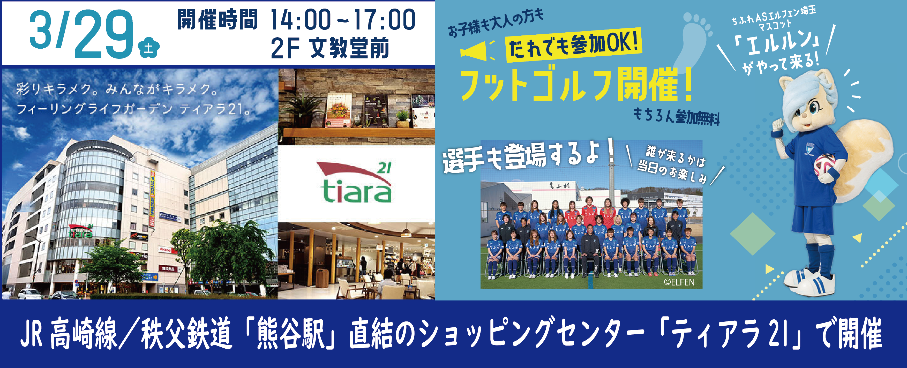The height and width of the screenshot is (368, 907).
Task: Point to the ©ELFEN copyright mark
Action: [679, 282]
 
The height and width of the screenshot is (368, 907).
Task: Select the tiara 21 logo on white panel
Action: [356, 183]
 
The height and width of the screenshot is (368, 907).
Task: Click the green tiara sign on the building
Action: [80, 231]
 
